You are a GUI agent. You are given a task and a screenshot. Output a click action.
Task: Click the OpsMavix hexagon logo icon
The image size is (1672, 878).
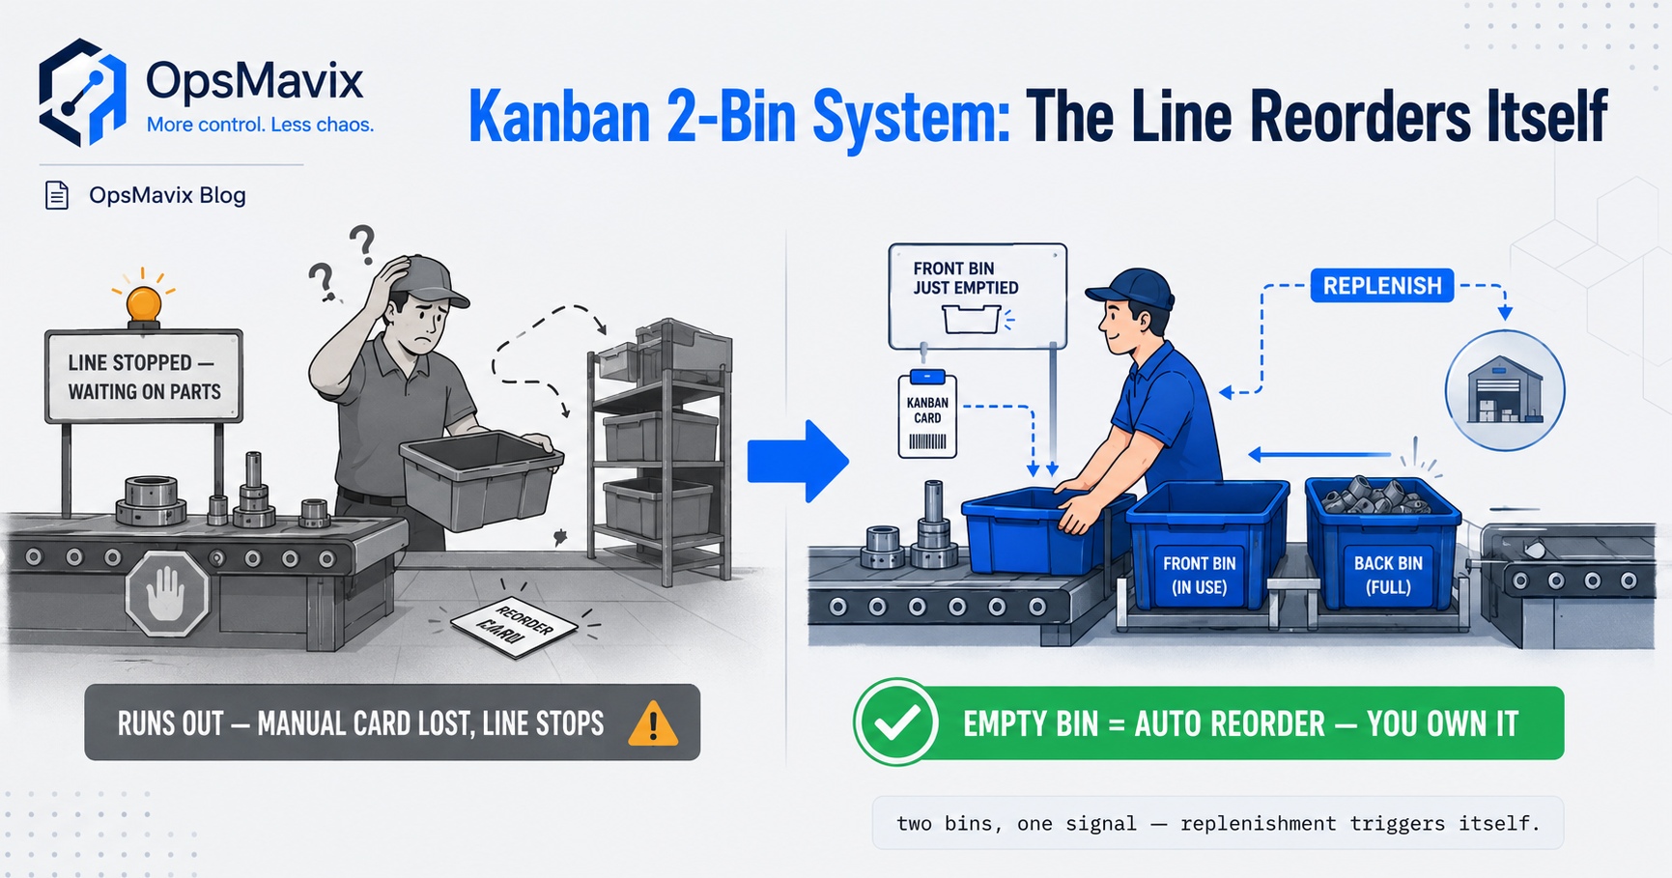(x=82, y=93)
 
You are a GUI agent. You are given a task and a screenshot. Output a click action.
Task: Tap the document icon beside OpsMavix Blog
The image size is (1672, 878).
(x=57, y=195)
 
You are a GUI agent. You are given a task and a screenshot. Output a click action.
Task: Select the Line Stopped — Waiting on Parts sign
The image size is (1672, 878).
(x=144, y=377)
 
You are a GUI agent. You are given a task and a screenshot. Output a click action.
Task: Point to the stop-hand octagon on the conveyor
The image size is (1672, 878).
(x=167, y=593)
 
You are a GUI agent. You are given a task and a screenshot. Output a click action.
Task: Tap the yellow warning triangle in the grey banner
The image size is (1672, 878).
(x=653, y=723)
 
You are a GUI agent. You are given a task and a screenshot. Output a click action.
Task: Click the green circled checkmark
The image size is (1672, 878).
(x=896, y=722)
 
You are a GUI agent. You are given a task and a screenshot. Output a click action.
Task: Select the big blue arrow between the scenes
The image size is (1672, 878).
(x=798, y=462)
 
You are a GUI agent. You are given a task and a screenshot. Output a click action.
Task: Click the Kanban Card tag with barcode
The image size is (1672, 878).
(x=927, y=415)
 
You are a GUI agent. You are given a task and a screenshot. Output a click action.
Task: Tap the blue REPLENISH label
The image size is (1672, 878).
(x=1382, y=286)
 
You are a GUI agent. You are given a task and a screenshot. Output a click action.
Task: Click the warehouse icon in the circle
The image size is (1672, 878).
(x=1505, y=390)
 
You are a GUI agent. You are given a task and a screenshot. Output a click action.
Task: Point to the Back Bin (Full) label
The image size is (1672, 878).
(x=1388, y=575)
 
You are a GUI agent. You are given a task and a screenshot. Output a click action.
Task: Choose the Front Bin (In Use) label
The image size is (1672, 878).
(x=1199, y=575)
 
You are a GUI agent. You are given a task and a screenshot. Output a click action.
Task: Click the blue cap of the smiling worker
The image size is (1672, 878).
(x=1132, y=288)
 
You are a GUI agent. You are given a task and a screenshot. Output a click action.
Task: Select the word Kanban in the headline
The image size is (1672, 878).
(x=559, y=117)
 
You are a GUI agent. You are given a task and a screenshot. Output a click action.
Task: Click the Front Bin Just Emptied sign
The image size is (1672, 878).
(x=978, y=296)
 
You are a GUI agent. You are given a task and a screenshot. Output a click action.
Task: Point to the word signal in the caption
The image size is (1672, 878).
(x=1101, y=824)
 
